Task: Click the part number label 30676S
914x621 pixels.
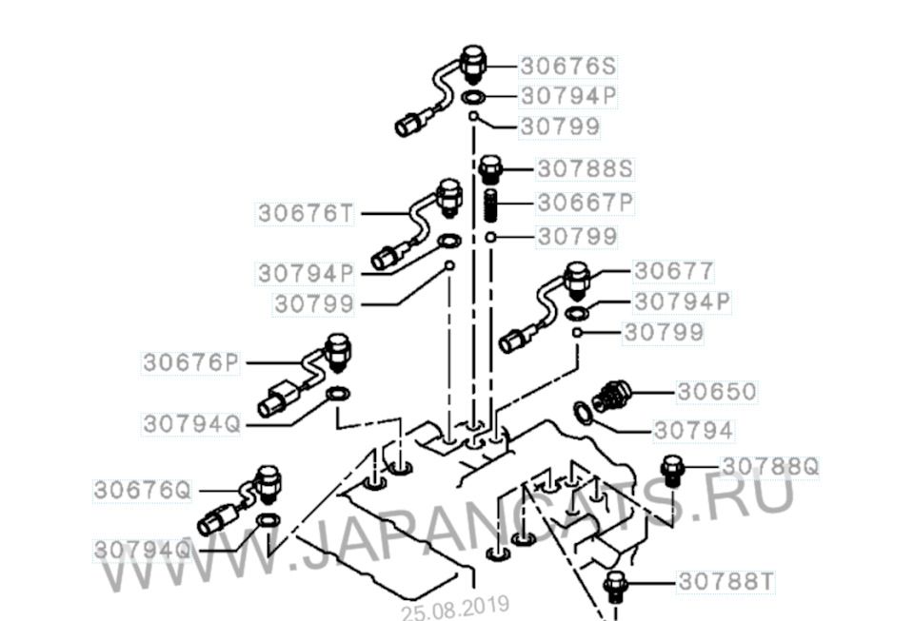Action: coord(567,66)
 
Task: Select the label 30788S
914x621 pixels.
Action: coord(585,168)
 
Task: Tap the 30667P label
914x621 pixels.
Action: coord(585,203)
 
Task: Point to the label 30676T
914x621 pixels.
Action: coord(306,214)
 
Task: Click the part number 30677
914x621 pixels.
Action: coord(673,271)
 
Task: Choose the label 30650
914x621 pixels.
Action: coord(717,392)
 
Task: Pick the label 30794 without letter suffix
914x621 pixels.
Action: coord(693,431)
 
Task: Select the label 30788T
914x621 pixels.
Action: coord(726,581)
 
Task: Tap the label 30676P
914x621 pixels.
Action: coord(191,362)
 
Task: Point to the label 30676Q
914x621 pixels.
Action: coord(142,490)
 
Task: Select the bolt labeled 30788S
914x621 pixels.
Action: coord(489,169)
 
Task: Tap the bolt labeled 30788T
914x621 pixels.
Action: coord(614,587)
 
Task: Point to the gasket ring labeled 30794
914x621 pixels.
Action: coord(583,414)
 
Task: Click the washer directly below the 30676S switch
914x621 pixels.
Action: coord(473,97)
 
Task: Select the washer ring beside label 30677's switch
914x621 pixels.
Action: coord(577,313)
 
